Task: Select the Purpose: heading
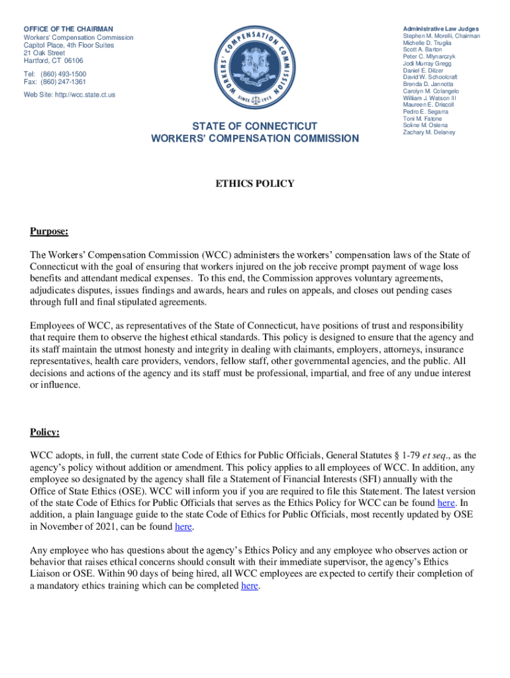click(49, 231)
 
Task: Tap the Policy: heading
click(44, 432)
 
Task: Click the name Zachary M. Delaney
click(429, 132)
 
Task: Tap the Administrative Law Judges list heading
click(441, 28)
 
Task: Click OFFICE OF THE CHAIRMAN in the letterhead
click(68, 29)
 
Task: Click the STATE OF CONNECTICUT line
click(255, 126)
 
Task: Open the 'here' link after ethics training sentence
click(249, 586)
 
